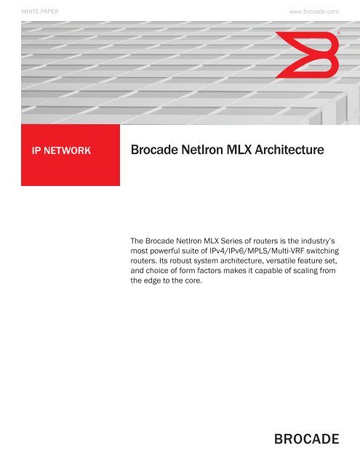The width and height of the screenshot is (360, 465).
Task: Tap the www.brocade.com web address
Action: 314,12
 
